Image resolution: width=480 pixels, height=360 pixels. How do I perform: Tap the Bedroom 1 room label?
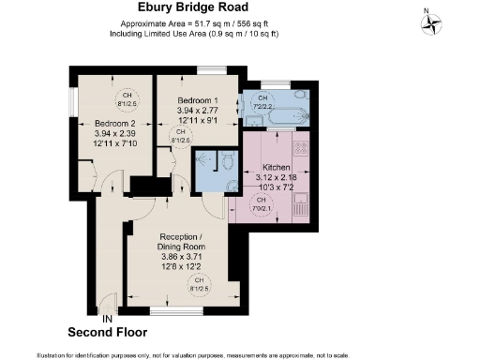click(x=199, y=100)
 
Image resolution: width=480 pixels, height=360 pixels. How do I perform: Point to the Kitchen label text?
click(x=277, y=167)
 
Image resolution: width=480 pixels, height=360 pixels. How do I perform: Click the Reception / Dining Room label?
click(x=178, y=241)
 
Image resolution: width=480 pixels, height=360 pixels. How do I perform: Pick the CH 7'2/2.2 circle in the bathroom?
click(x=263, y=100)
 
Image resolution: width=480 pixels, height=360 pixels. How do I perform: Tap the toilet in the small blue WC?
click(x=228, y=162)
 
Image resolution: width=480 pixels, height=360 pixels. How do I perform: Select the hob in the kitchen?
click(x=304, y=148)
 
